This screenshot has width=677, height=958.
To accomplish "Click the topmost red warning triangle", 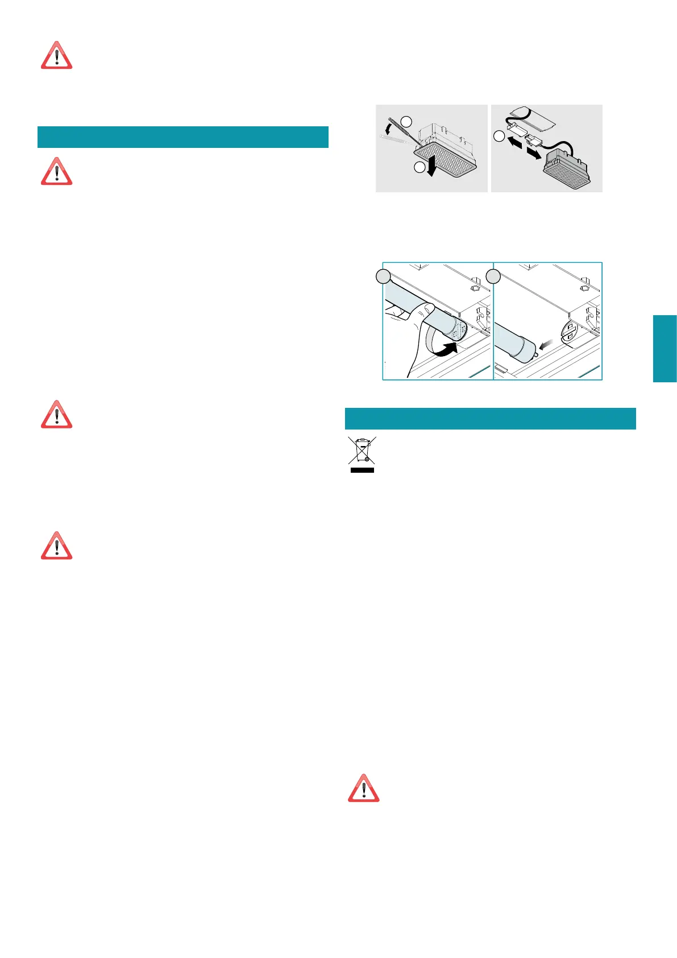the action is (56, 56).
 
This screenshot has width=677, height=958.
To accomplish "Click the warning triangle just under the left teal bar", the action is (56, 171).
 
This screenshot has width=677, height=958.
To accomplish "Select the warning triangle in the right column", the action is (363, 788).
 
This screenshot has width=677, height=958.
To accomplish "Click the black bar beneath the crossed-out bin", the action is (362, 470).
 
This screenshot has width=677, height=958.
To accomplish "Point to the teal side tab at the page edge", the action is (664, 348).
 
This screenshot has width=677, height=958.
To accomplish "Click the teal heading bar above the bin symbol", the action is (490, 419).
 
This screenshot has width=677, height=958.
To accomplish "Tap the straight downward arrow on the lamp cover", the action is (433, 167).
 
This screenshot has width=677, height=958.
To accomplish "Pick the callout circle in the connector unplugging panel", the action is (499, 137).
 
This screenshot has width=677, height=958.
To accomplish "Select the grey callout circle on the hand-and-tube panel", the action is (384, 277).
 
